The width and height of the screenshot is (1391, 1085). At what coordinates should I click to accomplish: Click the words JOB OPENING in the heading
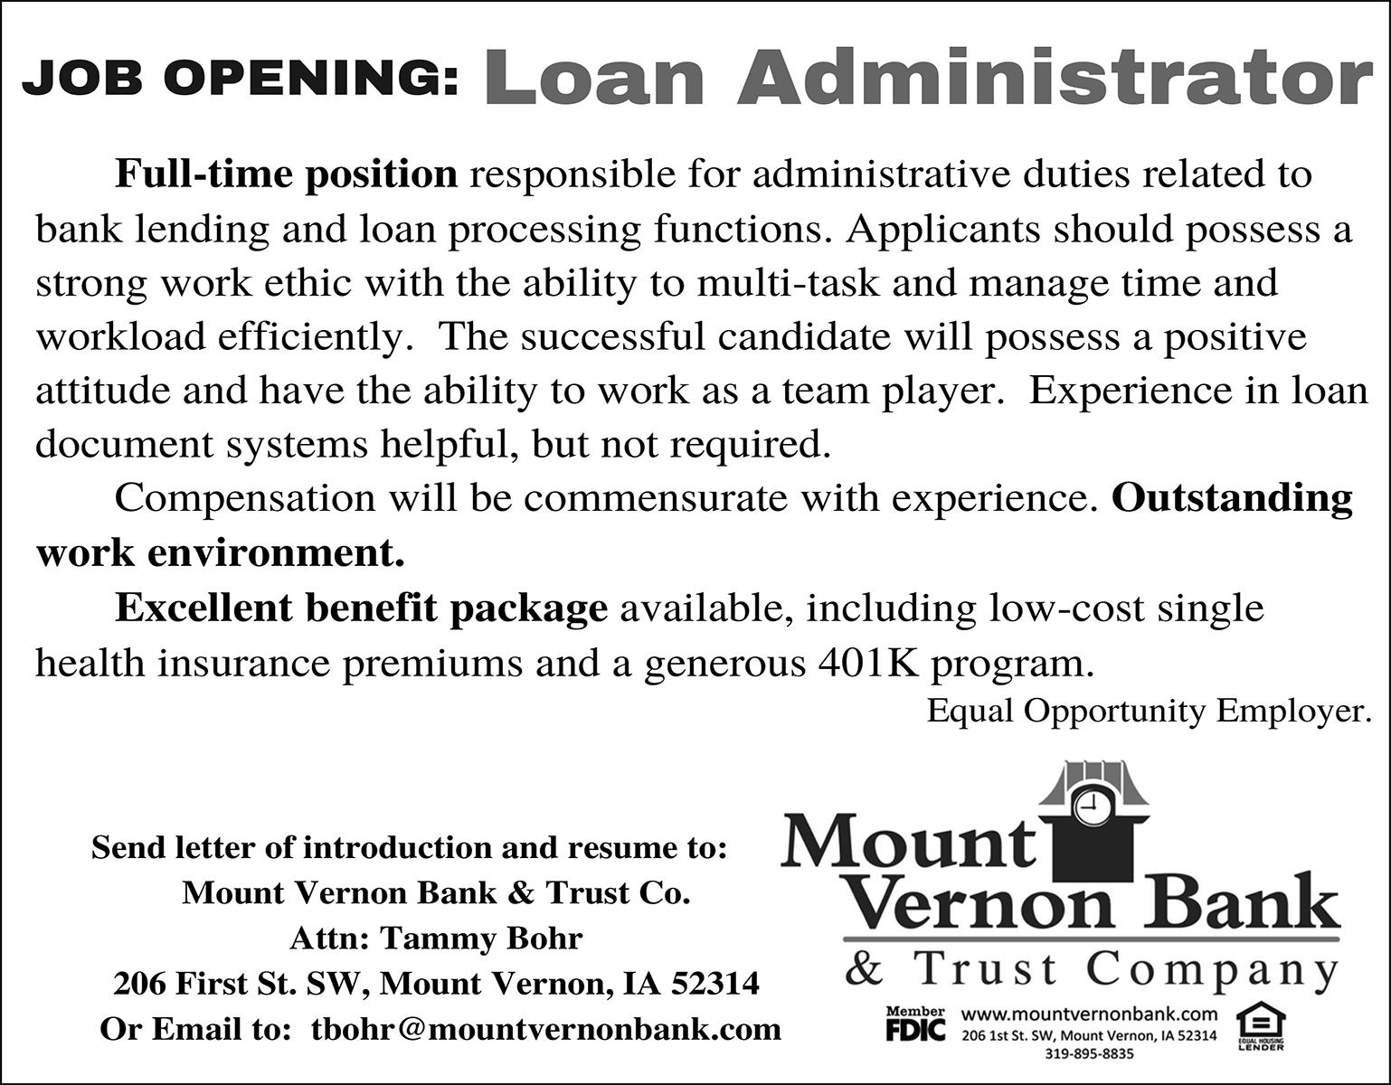click(x=240, y=80)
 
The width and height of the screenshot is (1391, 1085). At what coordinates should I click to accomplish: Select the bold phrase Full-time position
click(x=286, y=174)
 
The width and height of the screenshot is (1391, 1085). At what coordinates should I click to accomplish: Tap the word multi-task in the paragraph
click(x=788, y=282)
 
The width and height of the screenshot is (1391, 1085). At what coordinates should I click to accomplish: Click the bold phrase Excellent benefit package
click(x=361, y=608)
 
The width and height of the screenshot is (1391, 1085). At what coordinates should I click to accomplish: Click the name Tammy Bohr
click(x=481, y=939)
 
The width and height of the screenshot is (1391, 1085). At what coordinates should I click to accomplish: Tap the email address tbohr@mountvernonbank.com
click(x=546, y=1029)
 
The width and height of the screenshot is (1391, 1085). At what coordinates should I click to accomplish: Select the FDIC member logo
click(x=914, y=1024)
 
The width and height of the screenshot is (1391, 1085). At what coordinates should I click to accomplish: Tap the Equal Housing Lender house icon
click(x=1261, y=1023)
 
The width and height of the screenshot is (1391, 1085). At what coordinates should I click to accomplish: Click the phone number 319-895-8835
click(x=1089, y=1053)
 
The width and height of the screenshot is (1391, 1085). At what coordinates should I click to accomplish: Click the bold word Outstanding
click(x=1232, y=498)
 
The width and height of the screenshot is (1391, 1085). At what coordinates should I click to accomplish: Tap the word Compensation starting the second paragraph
click(x=245, y=498)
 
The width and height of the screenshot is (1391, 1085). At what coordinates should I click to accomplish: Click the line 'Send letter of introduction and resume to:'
click(x=410, y=848)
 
